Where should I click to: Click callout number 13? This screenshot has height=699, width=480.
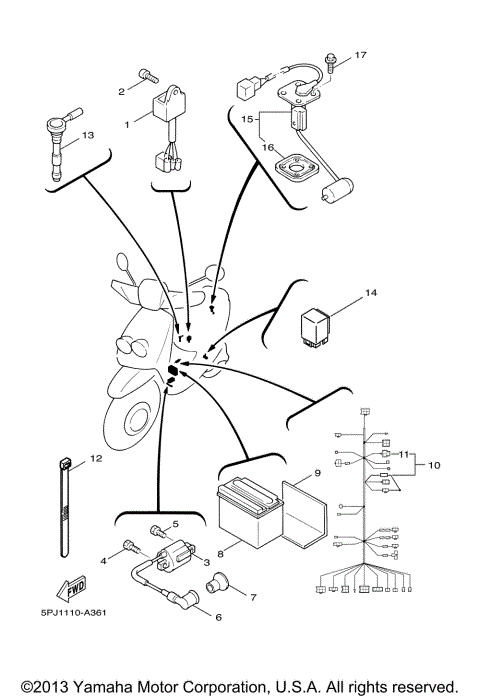point(87,135)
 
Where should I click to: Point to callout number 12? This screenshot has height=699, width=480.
point(96,459)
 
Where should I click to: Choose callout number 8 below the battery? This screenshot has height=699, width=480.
point(236,548)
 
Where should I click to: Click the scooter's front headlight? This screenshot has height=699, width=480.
point(131,346)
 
